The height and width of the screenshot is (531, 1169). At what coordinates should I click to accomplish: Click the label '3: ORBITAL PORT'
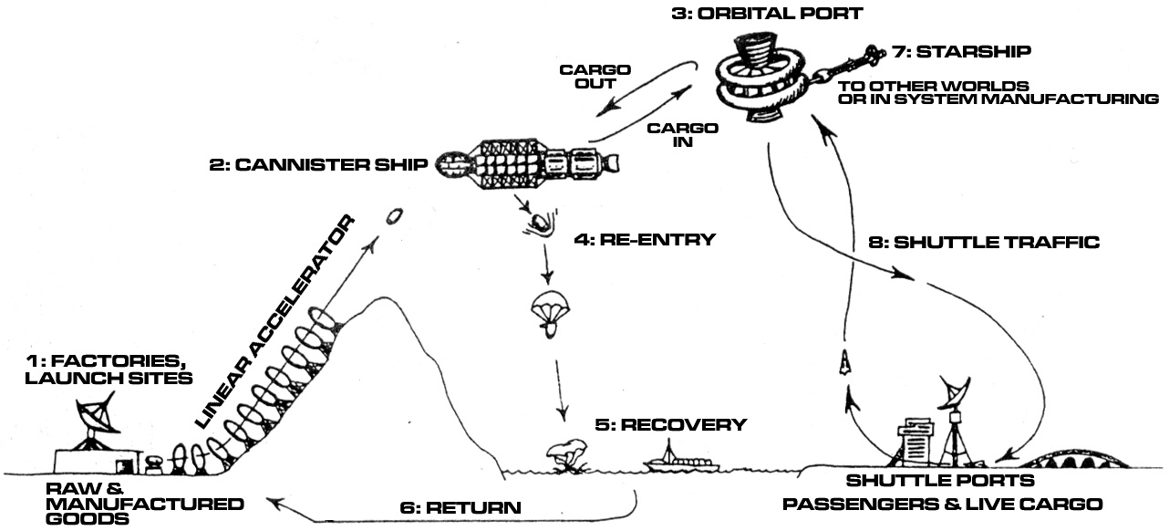(767, 14)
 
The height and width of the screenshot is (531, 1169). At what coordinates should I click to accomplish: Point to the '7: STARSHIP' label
(962, 51)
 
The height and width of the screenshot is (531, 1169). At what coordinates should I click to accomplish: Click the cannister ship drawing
(527, 163)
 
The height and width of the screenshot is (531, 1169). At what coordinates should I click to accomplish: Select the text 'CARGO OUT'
(595, 77)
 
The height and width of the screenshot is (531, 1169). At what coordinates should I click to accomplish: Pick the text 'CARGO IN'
(683, 135)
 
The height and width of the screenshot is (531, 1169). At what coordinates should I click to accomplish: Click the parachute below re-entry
(550, 313)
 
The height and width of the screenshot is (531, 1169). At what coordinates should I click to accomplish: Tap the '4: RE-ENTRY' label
(645, 240)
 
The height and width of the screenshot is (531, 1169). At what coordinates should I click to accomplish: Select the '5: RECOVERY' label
(671, 424)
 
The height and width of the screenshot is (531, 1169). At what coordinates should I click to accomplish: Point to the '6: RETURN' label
(460, 507)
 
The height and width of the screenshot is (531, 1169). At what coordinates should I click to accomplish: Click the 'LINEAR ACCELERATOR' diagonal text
(275, 322)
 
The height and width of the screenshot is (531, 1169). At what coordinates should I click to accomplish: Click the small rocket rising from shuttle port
(843, 362)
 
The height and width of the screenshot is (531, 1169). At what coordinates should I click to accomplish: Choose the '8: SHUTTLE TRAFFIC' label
(984, 243)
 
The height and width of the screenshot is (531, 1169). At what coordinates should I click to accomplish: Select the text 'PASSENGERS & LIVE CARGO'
(943, 504)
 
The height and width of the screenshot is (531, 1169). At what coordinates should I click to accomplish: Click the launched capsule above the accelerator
(394, 216)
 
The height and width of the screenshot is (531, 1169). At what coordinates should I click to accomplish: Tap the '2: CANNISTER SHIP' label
(318, 165)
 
